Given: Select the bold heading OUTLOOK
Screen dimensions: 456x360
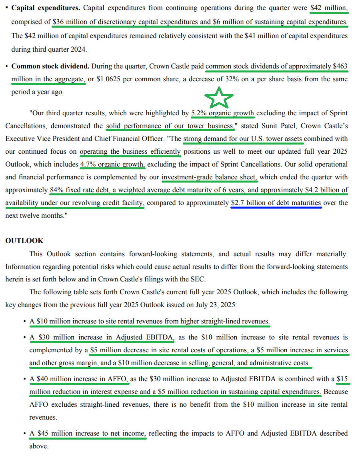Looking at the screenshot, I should pos(24,241).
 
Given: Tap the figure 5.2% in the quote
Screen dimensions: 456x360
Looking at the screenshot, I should pos(199,113).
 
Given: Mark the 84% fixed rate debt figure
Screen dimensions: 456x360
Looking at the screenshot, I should pos(58,190).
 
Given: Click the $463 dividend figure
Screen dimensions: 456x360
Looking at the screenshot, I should pos(340,66).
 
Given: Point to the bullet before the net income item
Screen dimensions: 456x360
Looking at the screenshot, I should pos(25,433).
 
